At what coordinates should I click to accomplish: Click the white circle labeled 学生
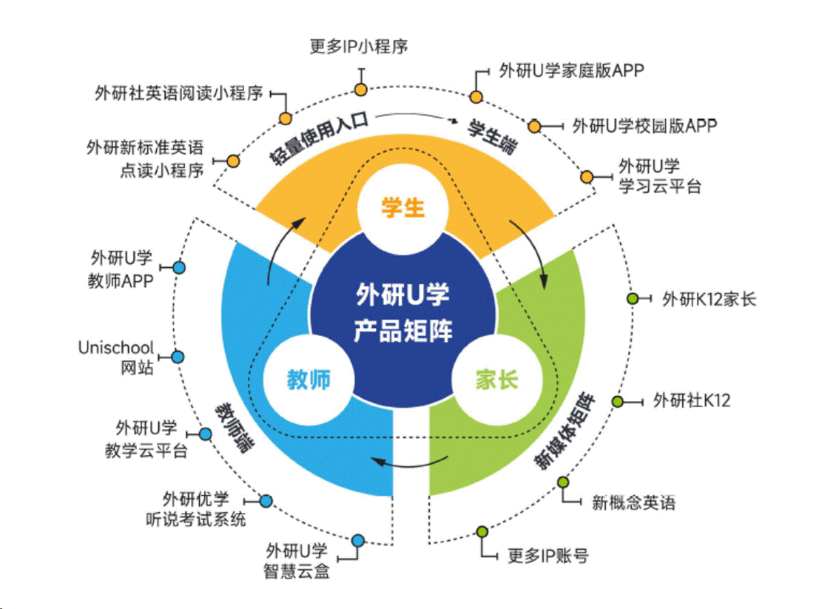(403, 208)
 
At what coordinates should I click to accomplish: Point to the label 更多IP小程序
(359, 47)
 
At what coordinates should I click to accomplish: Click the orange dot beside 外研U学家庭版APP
(476, 96)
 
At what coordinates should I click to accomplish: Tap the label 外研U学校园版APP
(644, 126)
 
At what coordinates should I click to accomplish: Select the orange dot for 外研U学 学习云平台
(587, 176)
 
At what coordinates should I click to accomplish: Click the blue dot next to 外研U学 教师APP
(178, 267)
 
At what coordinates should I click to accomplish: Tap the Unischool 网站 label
(116, 356)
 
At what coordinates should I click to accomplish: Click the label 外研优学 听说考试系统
(195, 509)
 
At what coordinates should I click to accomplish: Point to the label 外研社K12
(692, 401)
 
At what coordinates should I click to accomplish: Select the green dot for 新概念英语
(563, 482)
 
